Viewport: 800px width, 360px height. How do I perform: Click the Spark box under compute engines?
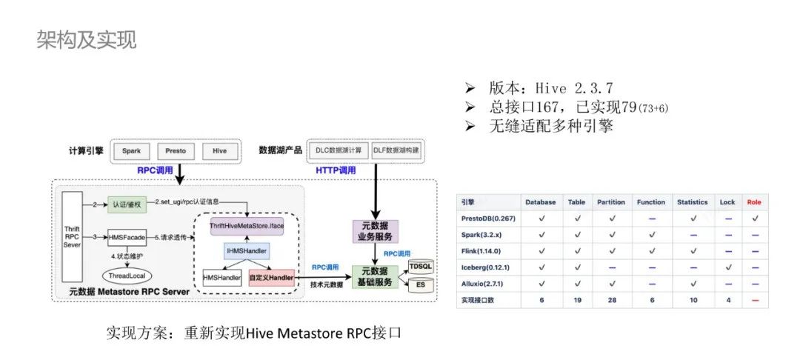click(132, 150)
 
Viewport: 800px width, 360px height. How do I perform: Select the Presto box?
click(176, 150)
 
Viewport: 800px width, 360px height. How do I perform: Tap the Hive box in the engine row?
click(219, 150)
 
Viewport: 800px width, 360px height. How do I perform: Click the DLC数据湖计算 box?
click(339, 150)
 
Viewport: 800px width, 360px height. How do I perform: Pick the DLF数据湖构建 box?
click(396, 150)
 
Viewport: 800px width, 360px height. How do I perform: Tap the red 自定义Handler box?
click(271, 278)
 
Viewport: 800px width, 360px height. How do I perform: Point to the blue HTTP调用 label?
click(336, 170)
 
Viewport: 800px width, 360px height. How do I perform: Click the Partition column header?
click(612, 202)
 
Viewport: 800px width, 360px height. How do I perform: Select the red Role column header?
click(753, 202)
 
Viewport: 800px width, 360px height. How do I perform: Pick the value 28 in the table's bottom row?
click(612, 300)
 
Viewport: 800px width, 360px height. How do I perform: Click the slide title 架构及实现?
click(87, 40)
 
